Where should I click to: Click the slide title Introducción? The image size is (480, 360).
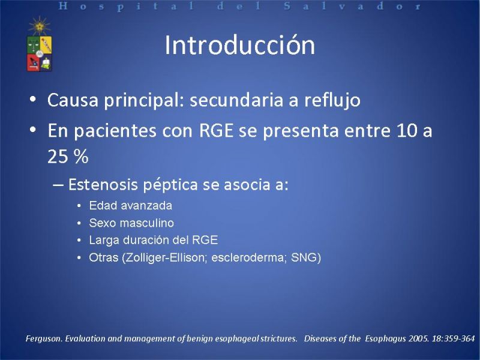tap(239, 46)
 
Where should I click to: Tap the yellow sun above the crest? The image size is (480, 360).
tap(40, 26)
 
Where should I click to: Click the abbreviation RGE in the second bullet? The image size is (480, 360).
tap(216, 130)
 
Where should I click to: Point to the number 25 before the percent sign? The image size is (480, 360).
tap(58, 157)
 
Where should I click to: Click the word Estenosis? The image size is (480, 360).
tap(103, 185)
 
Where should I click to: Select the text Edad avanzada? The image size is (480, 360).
tap(131, 205)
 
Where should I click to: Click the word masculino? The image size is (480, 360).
tap(147, 223)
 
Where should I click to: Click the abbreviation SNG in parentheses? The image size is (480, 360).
tap(304, 258)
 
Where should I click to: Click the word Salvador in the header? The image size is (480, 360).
tap(352, 6)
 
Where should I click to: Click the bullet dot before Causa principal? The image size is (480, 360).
tap(33, 100)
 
